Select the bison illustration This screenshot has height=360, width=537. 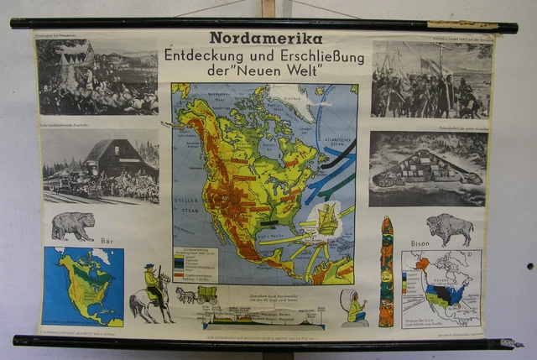[450, 227]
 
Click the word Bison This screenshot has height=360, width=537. [420, 243]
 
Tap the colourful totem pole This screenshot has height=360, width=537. [386, 271]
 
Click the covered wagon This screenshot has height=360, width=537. [206, 295]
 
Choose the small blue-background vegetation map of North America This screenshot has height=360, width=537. [82, 285]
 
